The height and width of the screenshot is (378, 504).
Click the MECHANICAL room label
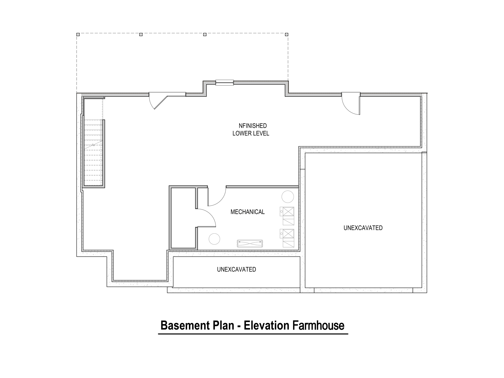tap(247, 212)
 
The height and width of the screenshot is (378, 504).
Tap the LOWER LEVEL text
tap(251, 133)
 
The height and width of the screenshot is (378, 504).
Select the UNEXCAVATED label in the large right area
tap(363, 228)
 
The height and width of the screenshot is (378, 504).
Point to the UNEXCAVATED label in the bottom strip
tap(236, 269)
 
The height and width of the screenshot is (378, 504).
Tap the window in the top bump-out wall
tap(225, 82)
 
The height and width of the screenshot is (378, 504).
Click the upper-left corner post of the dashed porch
tap(78, 34)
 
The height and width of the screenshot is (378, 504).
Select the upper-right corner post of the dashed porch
tap(287, 34)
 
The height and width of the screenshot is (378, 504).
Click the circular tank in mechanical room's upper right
tap(288, 197)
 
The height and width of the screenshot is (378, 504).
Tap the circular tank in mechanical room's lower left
tap(214, 239)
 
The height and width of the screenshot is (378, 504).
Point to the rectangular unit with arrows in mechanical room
tap(250, 243)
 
